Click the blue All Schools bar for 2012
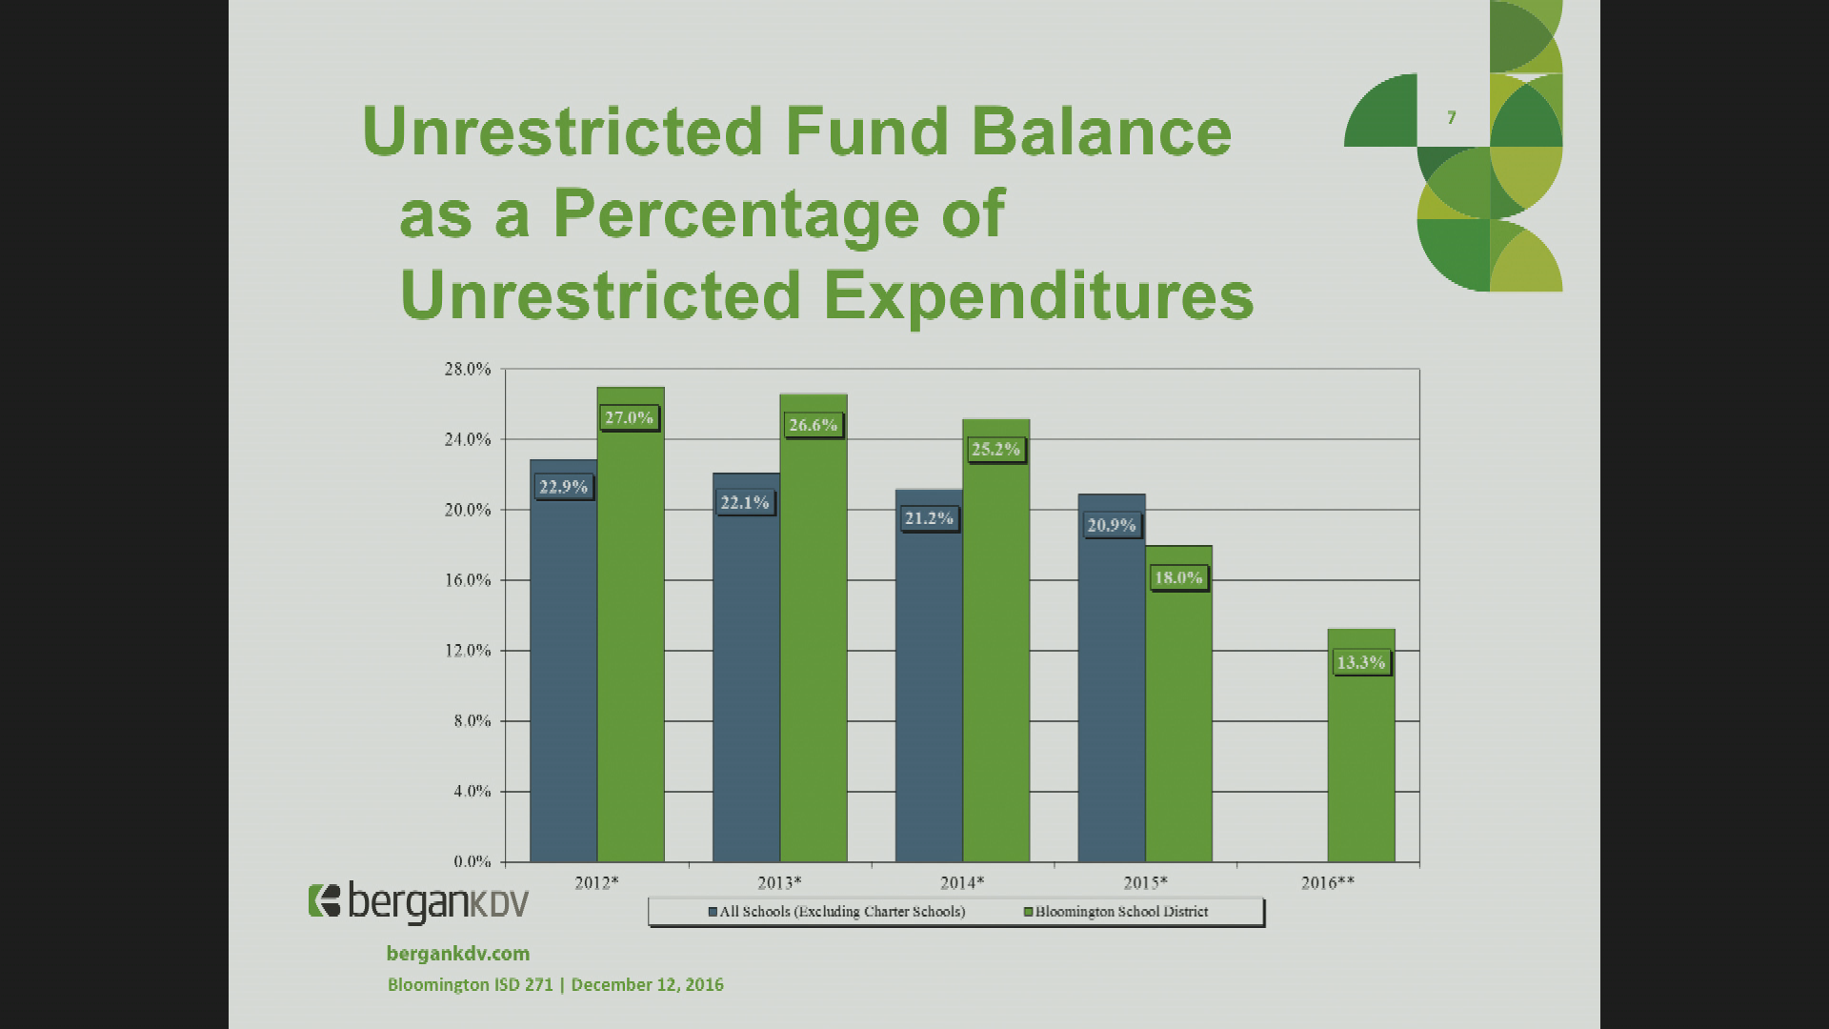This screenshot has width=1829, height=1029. tap(564, 661)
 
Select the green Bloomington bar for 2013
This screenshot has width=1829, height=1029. tap(814, 629)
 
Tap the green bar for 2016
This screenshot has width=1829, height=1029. tap(1361, 746)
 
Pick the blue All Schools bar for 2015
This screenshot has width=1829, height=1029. tap(1112, 678)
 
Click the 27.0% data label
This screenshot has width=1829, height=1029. tap(630, 417)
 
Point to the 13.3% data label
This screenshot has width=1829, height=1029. tap(1361, 662)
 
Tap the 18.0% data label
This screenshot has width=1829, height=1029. tap(1178, 577)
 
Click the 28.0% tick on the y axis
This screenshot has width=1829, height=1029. tap(467, 370)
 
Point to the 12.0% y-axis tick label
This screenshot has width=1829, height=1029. tap(467, 651)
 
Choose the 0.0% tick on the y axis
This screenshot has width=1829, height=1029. tap(472, 862)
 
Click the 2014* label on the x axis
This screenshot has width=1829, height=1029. tap(962, 883)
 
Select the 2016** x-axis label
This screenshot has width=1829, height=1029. tap(1328, 883)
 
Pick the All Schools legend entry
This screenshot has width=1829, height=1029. tap(837, 912)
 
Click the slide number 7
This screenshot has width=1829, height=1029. tap(1452, 118)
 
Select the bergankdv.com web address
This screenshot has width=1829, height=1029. tap(458, 953)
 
